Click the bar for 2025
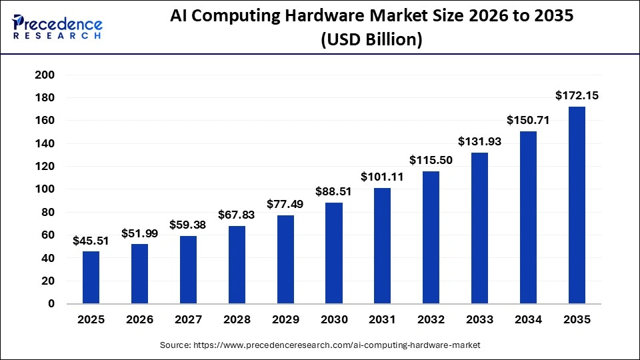(x=91, y=277)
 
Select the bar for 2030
(x=334, y=253)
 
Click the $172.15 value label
(x=577, y=96)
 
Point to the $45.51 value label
(x=91, y=241)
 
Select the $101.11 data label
(x=383, y=177)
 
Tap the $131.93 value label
(x=479, y=142)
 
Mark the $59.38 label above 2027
(x=188, y=225)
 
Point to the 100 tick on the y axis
(x=44, y=189)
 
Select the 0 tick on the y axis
(x=51, y=304)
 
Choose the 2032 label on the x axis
(x=431, y=320)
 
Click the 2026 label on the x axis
(x=139, y=320)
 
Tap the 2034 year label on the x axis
(x=529, y=320)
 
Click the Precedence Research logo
(x=57, y=27)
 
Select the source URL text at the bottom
(x=320, y=345)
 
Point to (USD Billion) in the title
(x=371, y=40)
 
